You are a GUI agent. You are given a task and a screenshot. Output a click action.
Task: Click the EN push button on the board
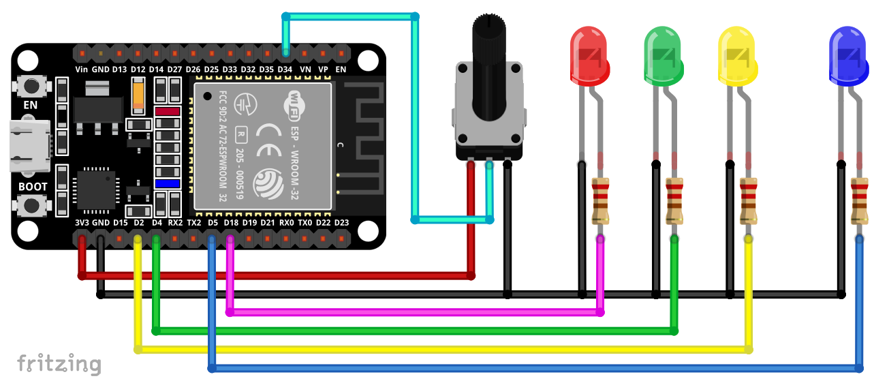tap(31, 86)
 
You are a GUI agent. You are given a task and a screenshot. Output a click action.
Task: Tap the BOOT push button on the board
tap(31, 205)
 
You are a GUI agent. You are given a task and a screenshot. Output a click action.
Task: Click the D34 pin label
tap(285, 70)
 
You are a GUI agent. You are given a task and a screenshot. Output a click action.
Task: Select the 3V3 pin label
tap(82, 223)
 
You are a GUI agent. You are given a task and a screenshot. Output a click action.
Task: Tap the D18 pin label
tap(231, 223)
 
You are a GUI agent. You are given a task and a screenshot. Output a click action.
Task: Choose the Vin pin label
tap(82, 70)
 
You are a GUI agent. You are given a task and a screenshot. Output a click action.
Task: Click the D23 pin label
tap(342, 223)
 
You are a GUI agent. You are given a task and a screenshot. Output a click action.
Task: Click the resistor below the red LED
tap(601, 200)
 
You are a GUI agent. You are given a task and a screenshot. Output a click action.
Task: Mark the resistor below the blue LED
tap(860, 200)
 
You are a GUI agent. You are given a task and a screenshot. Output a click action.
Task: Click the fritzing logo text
tap(59, 363)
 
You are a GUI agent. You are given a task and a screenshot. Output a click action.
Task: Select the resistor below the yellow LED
tap(749, 200)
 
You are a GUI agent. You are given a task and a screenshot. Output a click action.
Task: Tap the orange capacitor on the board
tap(139, 96)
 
